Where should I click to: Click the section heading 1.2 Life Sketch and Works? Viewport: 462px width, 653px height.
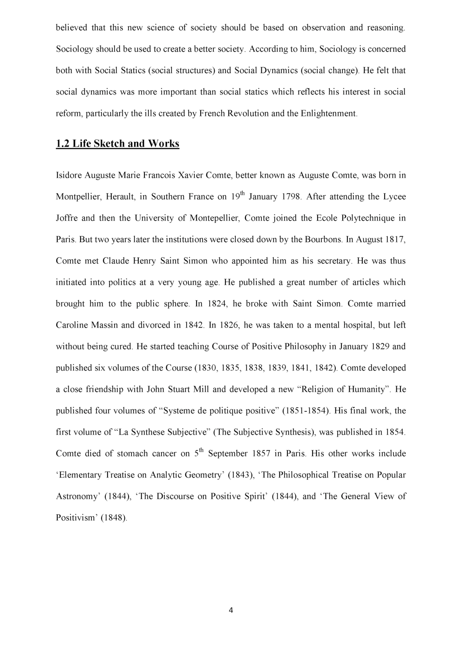(x=117, y=144)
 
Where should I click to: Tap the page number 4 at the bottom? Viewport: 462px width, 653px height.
(x=231, y=611)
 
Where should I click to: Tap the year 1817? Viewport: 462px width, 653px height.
(x=395, y=240)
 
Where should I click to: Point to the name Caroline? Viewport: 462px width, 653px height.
(x=71, y=325)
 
